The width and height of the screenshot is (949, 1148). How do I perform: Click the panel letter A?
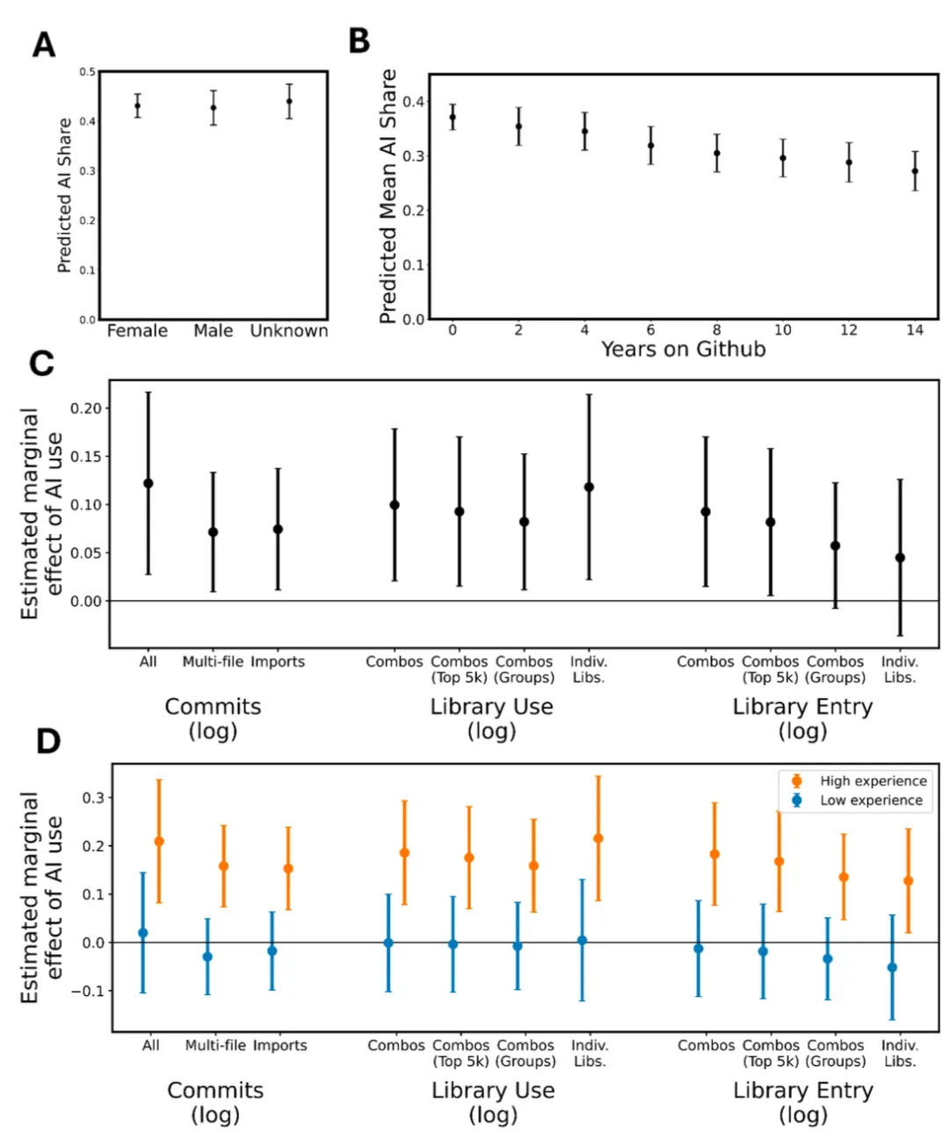click(44, 44)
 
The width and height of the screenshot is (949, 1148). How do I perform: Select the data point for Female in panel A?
click(137, 106)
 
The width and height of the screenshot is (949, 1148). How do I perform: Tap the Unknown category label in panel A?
click(289, 331)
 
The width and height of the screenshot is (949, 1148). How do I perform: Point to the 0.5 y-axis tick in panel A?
click(88, 72)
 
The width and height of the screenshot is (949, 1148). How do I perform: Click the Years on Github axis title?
click(683, 350)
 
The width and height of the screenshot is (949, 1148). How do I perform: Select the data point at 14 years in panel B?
click(915, 171)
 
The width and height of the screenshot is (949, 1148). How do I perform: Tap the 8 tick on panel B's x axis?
click(717, 330)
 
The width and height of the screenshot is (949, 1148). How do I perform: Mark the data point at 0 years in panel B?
click(453, 117)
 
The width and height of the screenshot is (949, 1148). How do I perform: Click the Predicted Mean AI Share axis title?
click(388, 197)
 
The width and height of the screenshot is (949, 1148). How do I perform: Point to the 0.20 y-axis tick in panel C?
click(86, 408)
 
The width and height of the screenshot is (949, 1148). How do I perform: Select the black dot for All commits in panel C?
click(149, 483)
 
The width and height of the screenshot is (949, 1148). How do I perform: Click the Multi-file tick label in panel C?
click(213, 661)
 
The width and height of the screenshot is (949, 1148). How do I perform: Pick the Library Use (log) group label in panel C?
click(491, 718)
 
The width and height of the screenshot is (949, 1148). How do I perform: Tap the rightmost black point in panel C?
click(900, 558)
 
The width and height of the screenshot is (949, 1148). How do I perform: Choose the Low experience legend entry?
click(871, 800)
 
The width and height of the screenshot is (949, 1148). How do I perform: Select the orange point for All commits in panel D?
click(159, 841)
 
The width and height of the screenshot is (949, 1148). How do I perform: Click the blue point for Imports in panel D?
click(272, 950)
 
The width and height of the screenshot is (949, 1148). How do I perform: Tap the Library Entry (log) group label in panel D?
click(803, 1102)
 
